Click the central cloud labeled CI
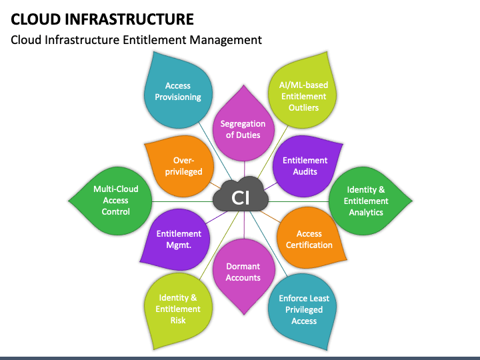(240, 197)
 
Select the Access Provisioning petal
(178, 92)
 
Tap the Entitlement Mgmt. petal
(178, 239)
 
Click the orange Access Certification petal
(309, 239)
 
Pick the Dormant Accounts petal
(243, 272)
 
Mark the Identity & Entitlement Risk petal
(178, 309)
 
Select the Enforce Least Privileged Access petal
(304, 309)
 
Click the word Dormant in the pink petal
(243, 267)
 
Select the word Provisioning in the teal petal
(178, 97)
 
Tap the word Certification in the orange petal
(309, 245)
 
